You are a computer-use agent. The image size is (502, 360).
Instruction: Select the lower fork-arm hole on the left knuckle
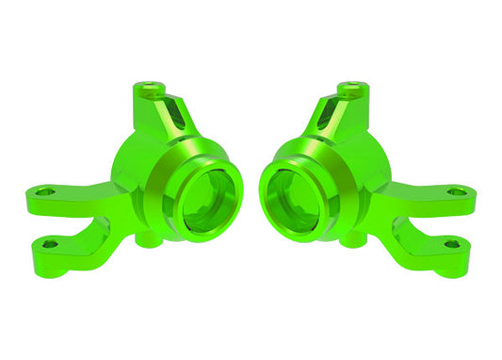(50, 244)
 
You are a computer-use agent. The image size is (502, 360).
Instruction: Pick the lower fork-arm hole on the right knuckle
(452, 244)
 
